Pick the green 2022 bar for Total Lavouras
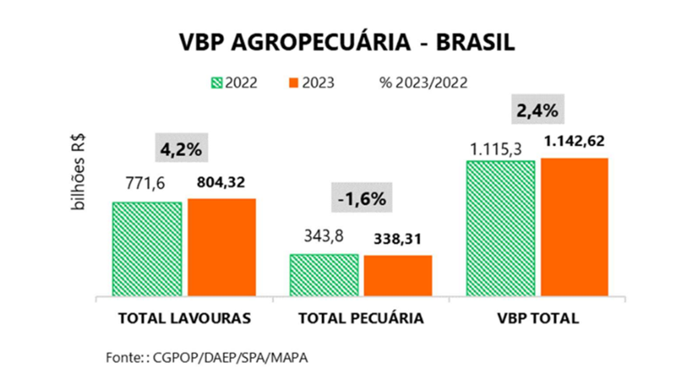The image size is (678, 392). (147, 248)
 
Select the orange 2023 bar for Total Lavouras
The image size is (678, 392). (221, 247)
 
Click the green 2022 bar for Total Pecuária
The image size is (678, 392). (324, 274)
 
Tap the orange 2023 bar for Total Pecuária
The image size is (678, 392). (398, 275)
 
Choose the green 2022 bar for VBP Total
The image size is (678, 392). (500, 227)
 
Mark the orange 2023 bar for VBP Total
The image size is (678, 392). (574, 226)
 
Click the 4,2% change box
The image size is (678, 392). (184, 149)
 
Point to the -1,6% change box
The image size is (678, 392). (361, 199)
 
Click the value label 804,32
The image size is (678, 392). (223, 182)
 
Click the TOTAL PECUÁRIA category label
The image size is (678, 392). (360, 318)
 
